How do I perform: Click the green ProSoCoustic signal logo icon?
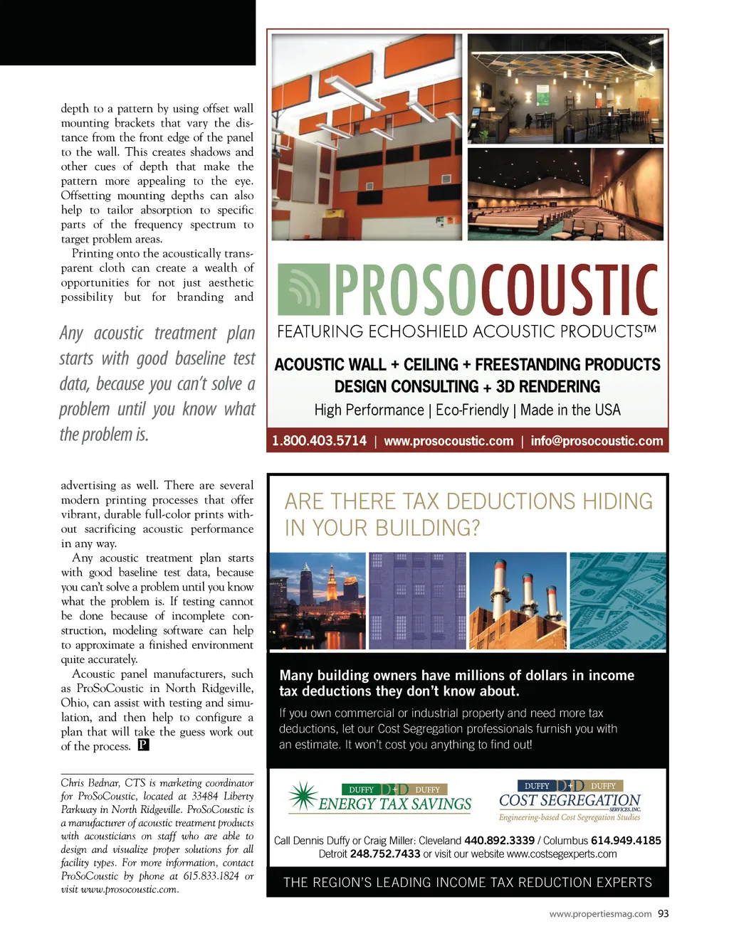click(303, 289)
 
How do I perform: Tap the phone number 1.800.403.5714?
click(319, 441)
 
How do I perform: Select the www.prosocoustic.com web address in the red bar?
click(449, 441)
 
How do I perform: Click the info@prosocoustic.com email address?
click(597, 441)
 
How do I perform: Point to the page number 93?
click(664, 914)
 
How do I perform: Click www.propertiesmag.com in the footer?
click(600, 914)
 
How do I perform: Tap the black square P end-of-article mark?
click(143, 745)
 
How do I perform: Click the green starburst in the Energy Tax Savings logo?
click(303, 797)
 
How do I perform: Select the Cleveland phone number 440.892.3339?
click(499, 841)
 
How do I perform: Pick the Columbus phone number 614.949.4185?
click(626, 841)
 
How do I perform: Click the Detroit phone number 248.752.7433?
click(385, 854)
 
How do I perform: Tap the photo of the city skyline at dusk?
click(317, 601)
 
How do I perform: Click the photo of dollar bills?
click(618, 601)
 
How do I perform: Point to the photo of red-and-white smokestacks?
click(518, 601)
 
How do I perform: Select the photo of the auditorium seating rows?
click(565, 194)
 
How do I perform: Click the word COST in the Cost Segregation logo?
click(518, 801)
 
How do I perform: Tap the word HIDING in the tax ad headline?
click(617, 501)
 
